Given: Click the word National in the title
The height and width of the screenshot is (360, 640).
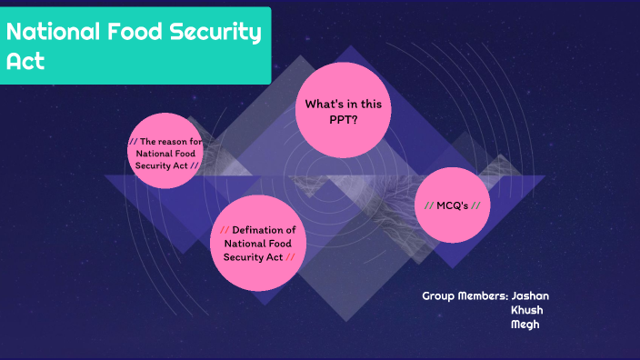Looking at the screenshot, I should [x=54, y=33].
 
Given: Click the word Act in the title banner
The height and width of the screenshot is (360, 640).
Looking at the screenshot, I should [x=25, y=62].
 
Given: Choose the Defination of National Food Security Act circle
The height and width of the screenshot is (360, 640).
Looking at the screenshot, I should [x=259, y=242].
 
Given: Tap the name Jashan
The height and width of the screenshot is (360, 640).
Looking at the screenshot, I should [x=530, y=296].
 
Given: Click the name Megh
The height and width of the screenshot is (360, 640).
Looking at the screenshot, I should [x=525, y=325].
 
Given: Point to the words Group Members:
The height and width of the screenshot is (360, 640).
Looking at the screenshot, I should [x=465, y=296].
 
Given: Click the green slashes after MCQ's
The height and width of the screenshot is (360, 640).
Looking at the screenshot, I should [x=475, y=205].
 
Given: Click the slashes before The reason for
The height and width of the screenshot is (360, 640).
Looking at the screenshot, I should [x=133, y=142].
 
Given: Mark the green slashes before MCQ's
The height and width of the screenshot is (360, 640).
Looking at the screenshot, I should [x=428, y=205].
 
